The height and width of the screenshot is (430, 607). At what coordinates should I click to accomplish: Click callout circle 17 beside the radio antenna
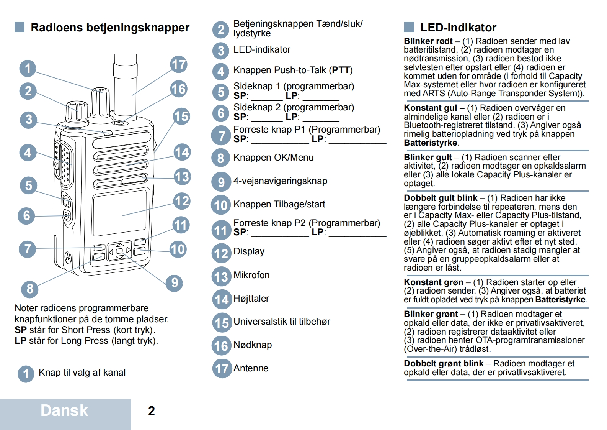click(179, 64)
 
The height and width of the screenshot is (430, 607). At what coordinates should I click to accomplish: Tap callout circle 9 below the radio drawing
click(175, 283)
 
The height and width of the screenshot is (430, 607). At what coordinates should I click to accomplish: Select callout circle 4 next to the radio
click(28, 153)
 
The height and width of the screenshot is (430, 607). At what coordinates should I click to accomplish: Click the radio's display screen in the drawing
click(120, 213)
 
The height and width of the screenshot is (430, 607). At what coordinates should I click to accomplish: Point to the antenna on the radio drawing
click(125, 84)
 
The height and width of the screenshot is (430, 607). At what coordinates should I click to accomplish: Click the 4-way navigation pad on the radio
click(119, 251)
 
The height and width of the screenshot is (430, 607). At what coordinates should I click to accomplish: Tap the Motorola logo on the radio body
click(68, 257)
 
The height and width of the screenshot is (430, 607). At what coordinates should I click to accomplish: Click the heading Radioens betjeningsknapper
click(110, 28)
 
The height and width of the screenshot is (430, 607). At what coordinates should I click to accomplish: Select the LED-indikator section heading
click(458, 28)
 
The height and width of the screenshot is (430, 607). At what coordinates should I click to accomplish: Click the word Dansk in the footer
click(64, 410)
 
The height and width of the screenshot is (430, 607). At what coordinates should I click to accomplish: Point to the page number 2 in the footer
click(152, 411)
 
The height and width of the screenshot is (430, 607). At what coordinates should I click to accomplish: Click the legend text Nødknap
click(253, 345)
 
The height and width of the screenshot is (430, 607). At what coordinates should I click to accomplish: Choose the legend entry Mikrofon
click(251, 275)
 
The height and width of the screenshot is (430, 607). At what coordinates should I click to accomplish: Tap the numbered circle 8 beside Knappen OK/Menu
click(221, 158)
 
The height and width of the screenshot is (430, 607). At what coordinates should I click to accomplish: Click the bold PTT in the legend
click(341, 70)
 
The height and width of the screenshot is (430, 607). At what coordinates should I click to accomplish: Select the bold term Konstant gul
click(430, 108)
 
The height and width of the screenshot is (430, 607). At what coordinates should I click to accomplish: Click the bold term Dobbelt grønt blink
click(444, 364)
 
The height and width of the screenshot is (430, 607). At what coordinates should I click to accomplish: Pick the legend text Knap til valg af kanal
click(82, 373)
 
